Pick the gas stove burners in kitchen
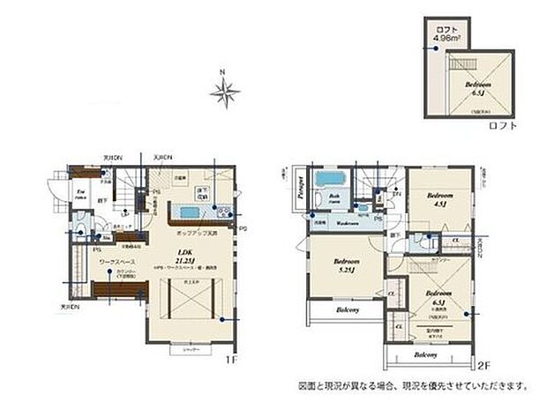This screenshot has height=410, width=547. click(221, 212)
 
